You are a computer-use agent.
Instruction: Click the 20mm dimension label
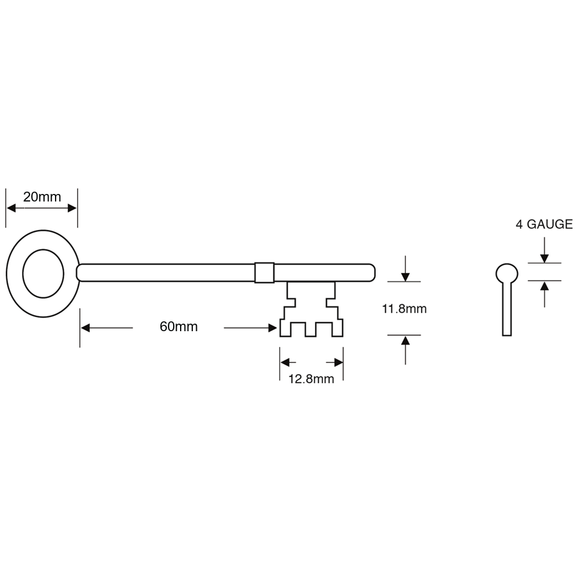[42, 197]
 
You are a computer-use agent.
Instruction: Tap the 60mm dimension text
[178, 328]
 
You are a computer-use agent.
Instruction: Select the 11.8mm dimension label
[404, 309]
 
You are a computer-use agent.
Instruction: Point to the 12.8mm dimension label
[312, 380]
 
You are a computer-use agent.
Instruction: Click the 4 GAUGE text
[544, 225]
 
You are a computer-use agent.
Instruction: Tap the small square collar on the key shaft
[263, 272]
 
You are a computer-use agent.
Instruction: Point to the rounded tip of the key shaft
[371, 272]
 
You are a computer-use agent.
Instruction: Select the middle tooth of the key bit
[312, 330]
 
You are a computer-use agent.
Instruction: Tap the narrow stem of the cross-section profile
[507, 310]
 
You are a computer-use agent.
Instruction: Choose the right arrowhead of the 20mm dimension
[71, 207]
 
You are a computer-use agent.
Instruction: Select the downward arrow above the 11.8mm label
[405, 276]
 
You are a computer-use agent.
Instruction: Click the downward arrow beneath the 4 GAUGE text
[544, 257]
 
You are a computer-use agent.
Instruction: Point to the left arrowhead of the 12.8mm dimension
[286, 362]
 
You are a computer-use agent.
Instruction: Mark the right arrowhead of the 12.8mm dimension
[338, 362]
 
